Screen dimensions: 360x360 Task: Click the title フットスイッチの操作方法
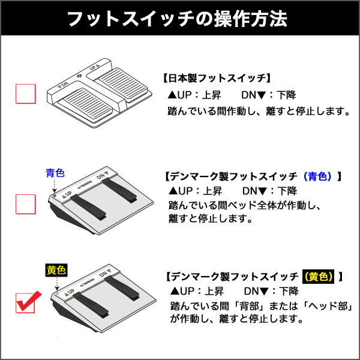(177, 19)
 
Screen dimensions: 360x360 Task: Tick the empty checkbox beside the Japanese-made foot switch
(25, 94)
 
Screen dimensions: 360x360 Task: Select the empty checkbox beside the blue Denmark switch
(25, 204)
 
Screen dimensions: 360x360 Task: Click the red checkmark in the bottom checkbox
(28, 301)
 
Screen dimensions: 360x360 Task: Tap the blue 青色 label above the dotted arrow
(55, 173)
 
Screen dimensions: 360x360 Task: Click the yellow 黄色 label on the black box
(56, 270)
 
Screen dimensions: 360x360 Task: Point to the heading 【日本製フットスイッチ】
(217, 78)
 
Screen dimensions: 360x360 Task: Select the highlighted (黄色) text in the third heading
(318, 277)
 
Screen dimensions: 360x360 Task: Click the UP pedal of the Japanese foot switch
(121, 85)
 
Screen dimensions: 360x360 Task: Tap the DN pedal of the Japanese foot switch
(87, 106)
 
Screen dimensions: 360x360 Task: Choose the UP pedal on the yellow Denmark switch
(91, 305)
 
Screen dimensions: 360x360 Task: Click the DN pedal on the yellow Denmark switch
(122, 288)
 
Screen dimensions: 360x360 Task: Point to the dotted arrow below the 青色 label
(55, 186)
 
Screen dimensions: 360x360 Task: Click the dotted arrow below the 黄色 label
(57, 284)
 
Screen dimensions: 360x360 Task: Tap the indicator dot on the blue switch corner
(55, 196)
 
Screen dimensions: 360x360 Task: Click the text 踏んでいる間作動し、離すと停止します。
(259, 111)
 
